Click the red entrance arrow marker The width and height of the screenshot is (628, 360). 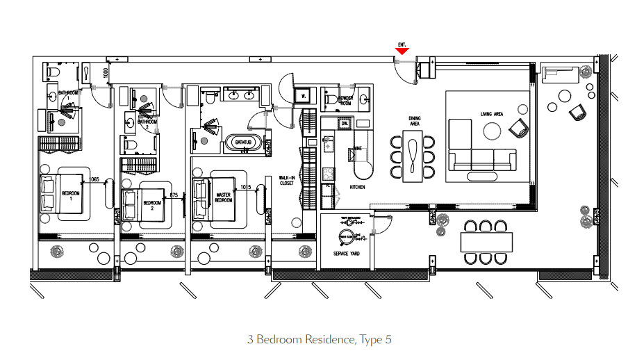tap(402, 51)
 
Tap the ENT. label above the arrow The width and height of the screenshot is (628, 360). tap(402, 44)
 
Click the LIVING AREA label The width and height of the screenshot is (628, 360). tap(491, 114)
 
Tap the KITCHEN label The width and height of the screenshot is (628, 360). tap(357, 187)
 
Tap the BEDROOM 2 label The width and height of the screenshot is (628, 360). tap(151, 205)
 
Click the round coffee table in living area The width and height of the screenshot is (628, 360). tap(492, 131)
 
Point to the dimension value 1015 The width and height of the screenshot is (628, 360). tap(245, 186)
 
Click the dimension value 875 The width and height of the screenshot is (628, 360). tap(174, 195)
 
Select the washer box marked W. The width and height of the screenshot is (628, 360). tap(301, 96)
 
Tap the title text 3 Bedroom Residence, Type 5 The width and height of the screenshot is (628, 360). tap(319, 340)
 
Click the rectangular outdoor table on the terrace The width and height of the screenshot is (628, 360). tap(486, 243)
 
